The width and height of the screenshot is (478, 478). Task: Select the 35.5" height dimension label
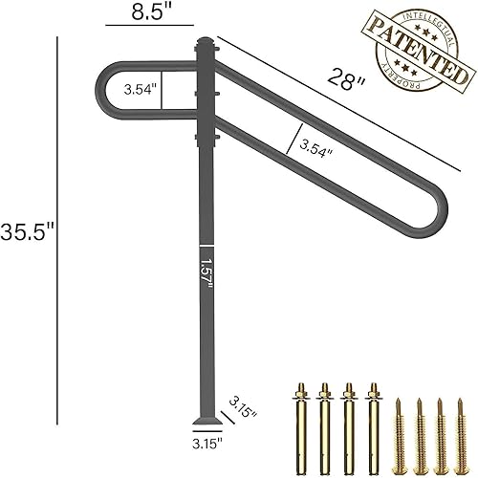[28, 231]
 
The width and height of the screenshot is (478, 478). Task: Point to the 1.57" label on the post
[206, 272]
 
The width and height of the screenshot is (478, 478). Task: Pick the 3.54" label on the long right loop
[316, 148]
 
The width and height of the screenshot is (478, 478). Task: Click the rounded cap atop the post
[206, 44]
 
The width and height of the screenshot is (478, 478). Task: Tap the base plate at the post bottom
[206, 422]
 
